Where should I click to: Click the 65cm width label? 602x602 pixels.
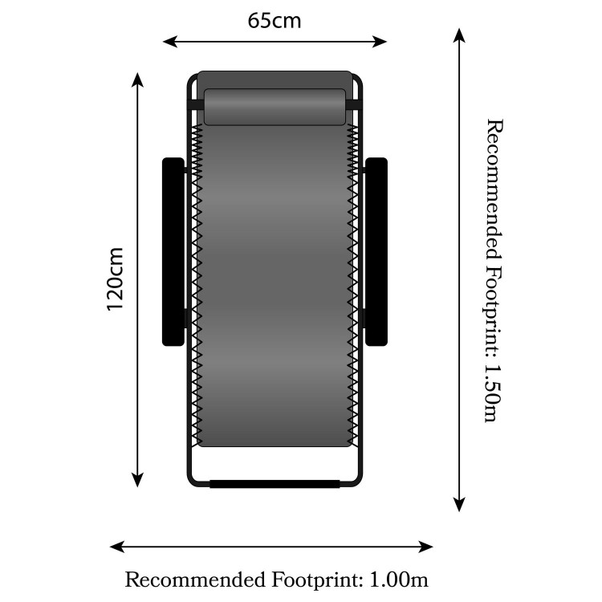coord(275,21)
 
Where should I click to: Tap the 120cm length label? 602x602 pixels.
coord(115,279)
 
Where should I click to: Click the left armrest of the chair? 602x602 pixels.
coord(173,252)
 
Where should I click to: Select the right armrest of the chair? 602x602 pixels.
coord(376,252)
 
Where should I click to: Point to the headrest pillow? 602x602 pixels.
coord(275,107)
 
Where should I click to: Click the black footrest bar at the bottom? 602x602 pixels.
coord(275,484)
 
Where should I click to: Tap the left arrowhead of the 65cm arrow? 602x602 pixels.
coord(170,42)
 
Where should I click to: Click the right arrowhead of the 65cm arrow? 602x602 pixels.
coord(380,42)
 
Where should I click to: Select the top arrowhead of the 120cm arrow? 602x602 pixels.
coord(137,79)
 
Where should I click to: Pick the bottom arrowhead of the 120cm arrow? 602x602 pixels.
coord(137,480)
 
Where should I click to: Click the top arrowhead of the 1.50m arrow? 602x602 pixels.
coord(459,35)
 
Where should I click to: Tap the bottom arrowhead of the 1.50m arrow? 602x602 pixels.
coord(459,505)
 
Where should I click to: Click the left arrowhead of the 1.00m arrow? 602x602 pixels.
coord(117,547)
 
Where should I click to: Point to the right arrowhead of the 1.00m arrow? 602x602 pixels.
coord(425,547)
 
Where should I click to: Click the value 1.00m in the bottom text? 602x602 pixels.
coord(398,580)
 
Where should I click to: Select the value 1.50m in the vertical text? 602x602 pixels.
coord(493,393)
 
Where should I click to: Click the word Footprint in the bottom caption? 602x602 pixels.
coord(317,580)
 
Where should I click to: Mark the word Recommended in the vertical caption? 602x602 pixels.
coord(494,189)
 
